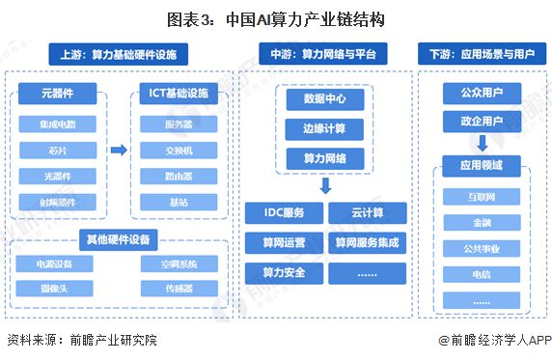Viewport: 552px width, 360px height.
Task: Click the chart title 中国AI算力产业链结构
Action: pos(275,15)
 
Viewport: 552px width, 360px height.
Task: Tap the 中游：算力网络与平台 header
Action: pos(325,53)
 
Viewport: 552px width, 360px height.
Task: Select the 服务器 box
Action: pos(179,124)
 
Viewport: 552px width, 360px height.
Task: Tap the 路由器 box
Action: pos(179,177)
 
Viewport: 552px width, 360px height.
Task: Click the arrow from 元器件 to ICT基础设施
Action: pos(118,150)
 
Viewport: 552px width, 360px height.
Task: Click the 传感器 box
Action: pos(179,289)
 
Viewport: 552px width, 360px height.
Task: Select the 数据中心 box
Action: pos(325,98)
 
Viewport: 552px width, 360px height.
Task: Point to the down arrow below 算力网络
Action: pos(325,184)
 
